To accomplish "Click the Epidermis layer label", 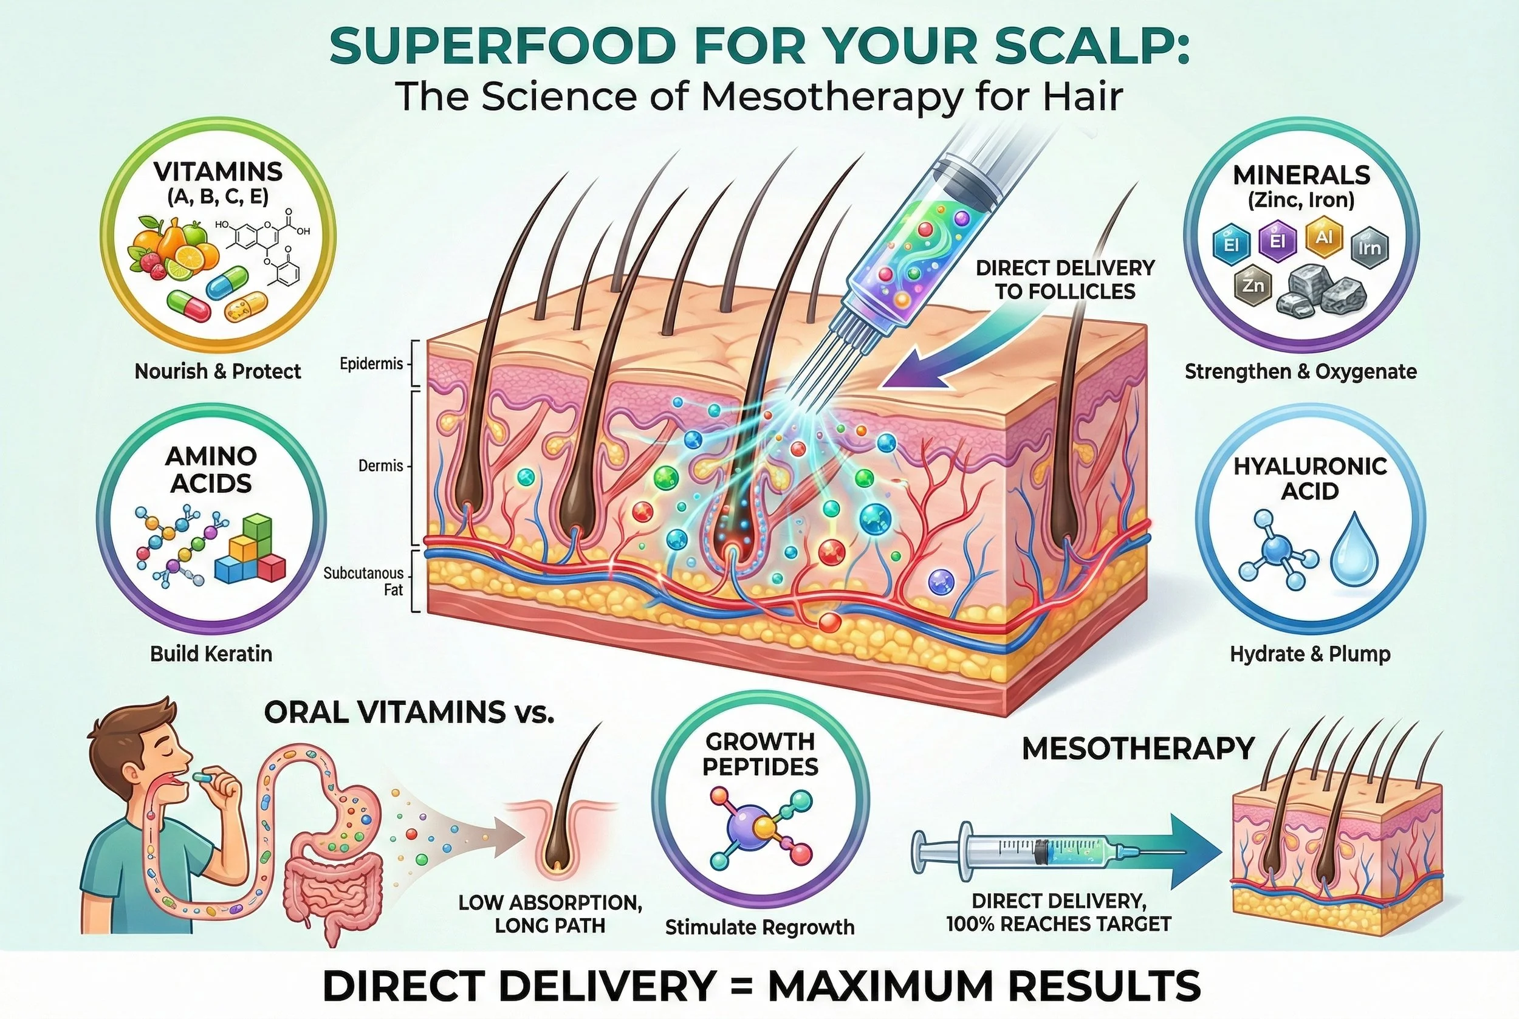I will coord(371,364).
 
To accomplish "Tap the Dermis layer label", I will coord(381,466).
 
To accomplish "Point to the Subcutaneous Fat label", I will coord(363,582).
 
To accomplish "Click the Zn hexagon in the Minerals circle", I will coord(1248,287).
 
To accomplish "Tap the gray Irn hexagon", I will coord(1370,247).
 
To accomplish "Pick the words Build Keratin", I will coord(211,654).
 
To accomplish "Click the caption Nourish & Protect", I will coord(218,372).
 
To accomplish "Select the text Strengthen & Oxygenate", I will coord(1301,372).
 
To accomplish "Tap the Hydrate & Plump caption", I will coord(1310,654).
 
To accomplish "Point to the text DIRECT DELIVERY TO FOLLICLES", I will coord(1065,280).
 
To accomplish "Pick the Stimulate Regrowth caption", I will coord(759,927).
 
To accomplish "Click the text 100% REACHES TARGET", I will coord(1058,924).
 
